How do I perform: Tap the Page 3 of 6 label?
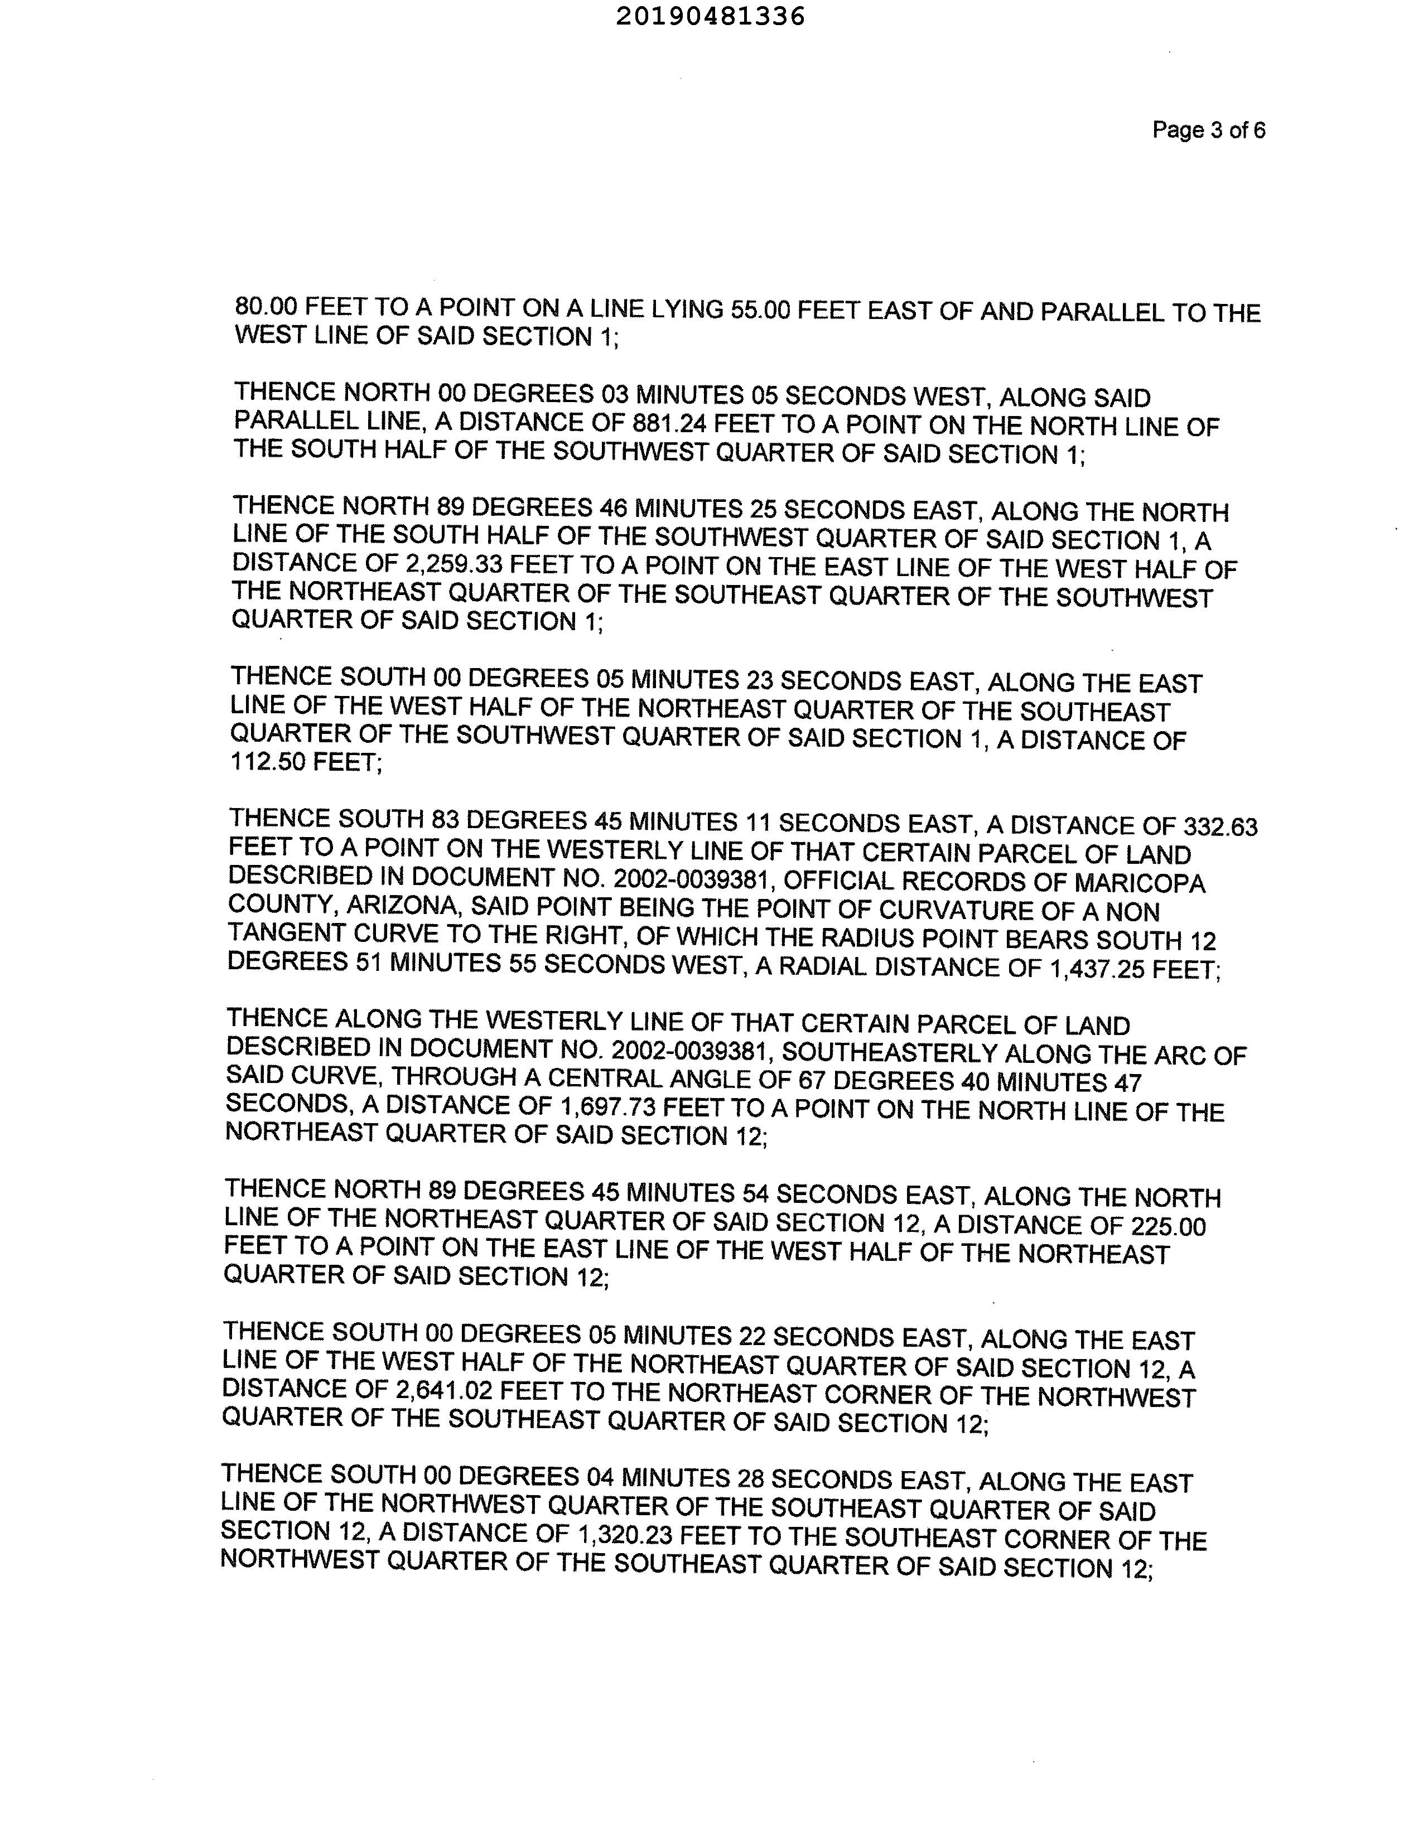[x=1208, y=130]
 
